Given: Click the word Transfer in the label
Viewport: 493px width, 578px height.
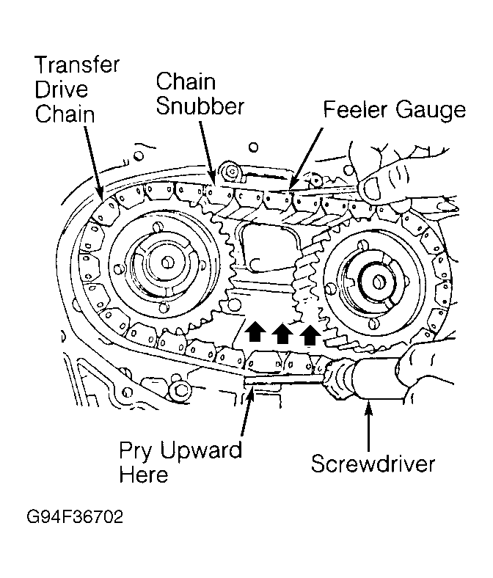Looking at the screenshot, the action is [x=77, y=65].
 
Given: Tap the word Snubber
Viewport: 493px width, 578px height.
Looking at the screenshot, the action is [x=200, y=106].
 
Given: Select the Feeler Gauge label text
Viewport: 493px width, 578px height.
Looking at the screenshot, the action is [x=395, y=110].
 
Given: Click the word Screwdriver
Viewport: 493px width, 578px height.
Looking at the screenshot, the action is [x=373, y=464].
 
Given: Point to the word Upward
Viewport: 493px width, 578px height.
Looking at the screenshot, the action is [x=201, y=450].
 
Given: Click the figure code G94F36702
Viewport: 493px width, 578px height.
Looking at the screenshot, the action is [x=75, y=517].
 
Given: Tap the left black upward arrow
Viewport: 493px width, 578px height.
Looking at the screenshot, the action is [x=255, y=331].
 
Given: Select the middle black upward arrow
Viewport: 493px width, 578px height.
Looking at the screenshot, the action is [x=282, y=333].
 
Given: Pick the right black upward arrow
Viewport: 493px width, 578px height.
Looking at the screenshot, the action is [x=310, y=334].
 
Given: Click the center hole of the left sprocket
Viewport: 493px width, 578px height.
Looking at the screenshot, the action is [x=168, y=263].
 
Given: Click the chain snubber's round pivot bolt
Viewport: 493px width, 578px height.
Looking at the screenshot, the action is [x=232, y=172].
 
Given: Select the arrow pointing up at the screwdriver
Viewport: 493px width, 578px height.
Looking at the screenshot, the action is [x=368, y=425].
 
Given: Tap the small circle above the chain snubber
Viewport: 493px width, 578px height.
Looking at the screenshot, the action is [x=253, y=147].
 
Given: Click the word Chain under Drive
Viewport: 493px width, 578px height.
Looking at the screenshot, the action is [x=65, y=114].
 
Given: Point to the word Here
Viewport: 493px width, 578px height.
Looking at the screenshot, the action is [x=144, y=474].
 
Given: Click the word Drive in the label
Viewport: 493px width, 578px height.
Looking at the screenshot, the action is [x=61, y=89].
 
